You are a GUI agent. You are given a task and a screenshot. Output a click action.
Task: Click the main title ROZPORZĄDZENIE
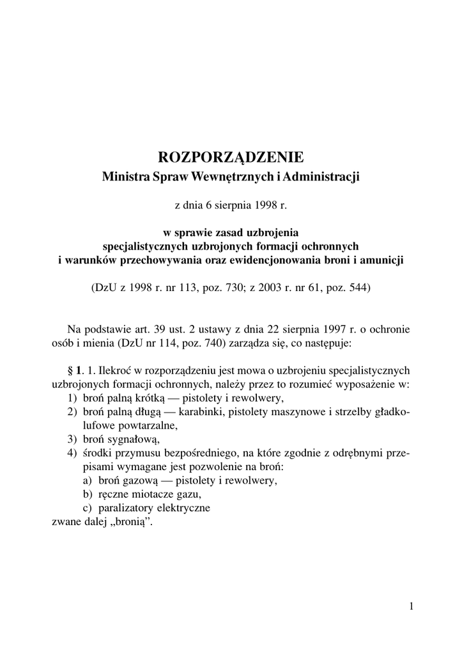(x=231, y=157)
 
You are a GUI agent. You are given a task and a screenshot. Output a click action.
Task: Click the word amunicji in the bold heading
(x=385, y=261)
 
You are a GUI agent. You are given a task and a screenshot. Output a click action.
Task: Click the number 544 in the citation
(x=355, y=288)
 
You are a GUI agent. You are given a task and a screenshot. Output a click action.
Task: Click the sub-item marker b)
(x=88, y=494)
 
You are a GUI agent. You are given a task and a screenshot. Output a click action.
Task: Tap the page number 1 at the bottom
(x=412, y=606)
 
